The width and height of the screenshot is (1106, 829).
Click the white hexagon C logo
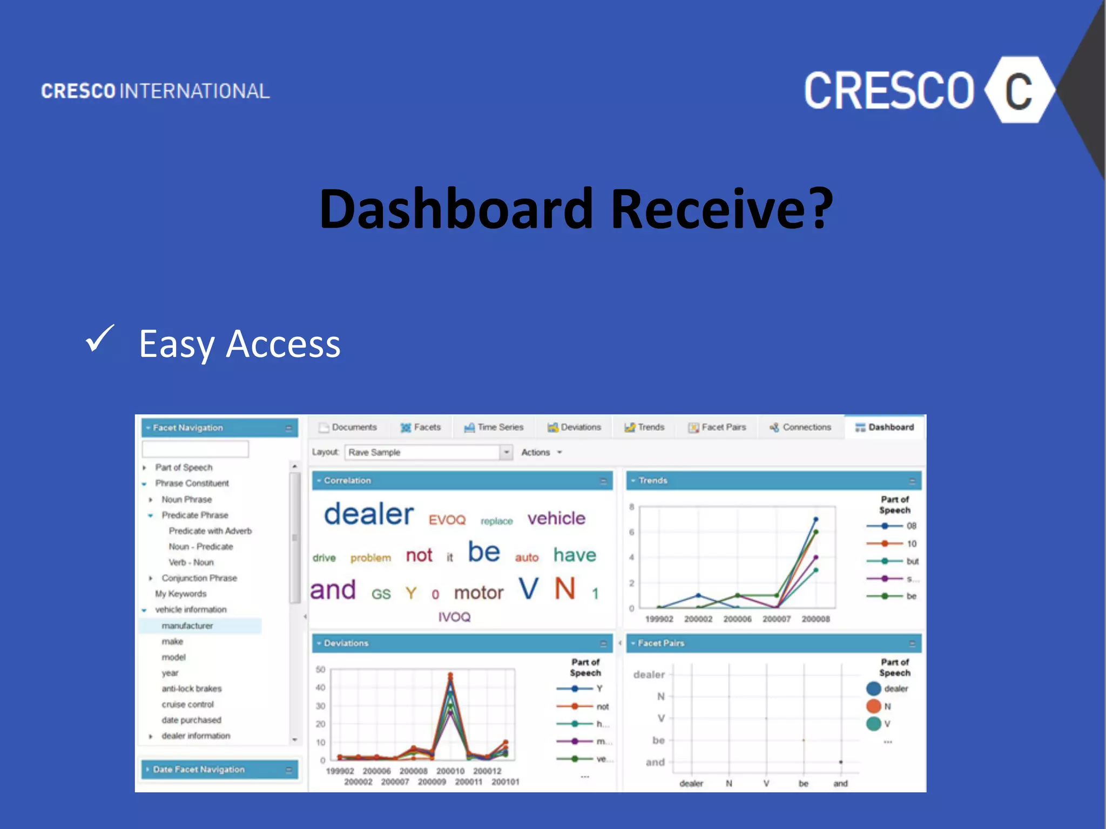click(x=1019, y=90)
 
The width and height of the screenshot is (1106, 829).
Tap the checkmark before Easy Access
click(x=100, y=339)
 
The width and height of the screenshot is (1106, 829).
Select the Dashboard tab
click(x=885, y=427)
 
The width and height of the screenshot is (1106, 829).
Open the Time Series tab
click(x=494, y=427)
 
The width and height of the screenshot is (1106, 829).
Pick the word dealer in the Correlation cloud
click(x=369, y=514)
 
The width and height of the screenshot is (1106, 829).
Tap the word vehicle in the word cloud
click(x=556, y=518)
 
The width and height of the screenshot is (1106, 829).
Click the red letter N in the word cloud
click(x=565, y=588)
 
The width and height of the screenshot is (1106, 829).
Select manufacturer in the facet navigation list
click(x=187, y=626)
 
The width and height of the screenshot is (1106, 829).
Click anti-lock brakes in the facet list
click(x=192, y=689)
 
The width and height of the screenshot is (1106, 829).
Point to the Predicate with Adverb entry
click(x=210, y=531)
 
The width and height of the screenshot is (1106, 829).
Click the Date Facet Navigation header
click(x=199, y=769)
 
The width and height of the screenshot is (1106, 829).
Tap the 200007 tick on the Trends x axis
click(x=777, y=619)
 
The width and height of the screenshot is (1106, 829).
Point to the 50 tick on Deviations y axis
click(x=320, y=670)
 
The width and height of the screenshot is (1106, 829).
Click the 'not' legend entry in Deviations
click(x=602, y=706)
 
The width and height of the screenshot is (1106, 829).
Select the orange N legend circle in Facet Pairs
click(x=873, y=706)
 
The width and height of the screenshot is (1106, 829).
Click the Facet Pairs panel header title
click(x=661, y=643)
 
